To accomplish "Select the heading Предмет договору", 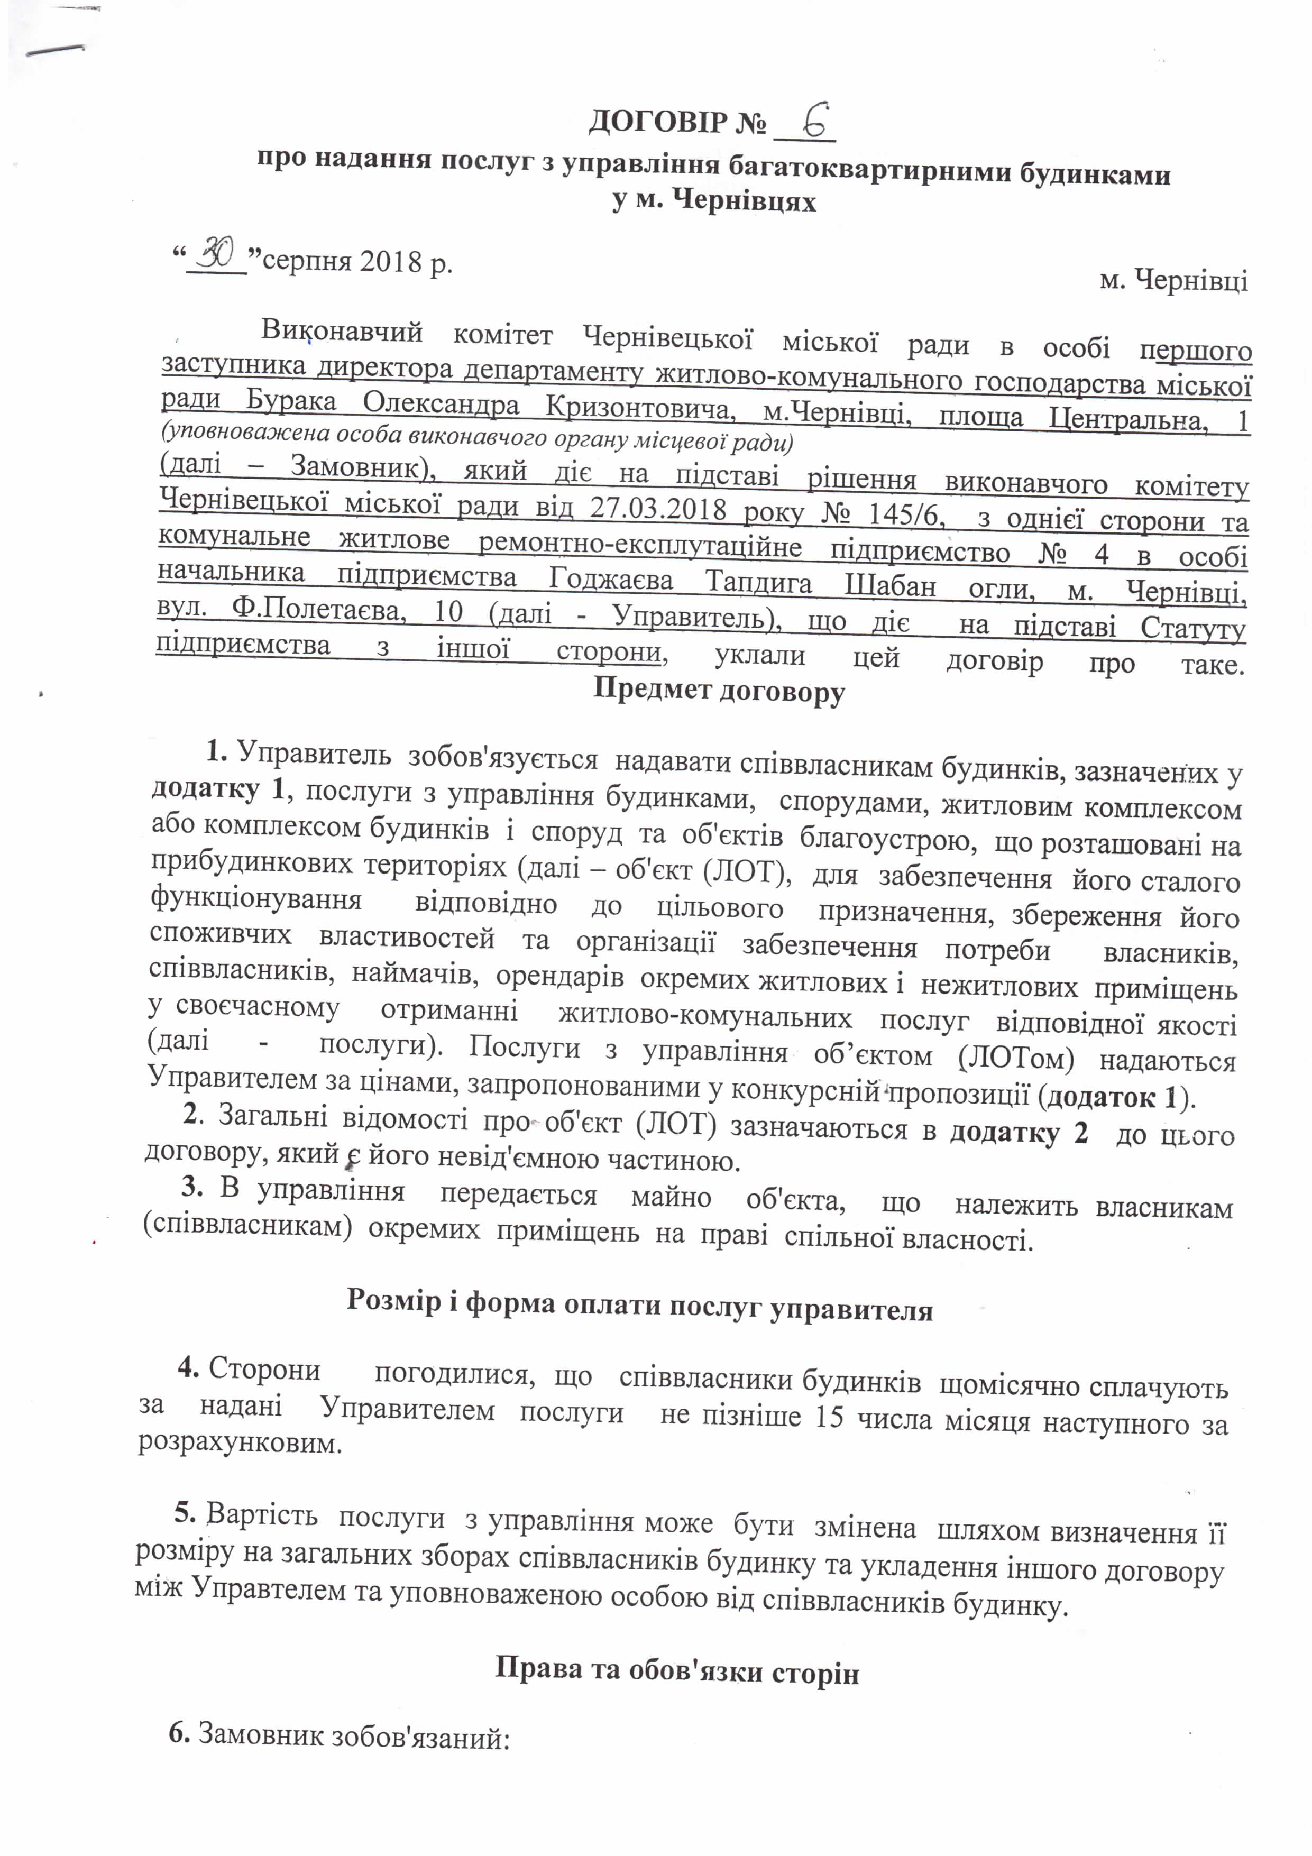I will pyautogui.click(x=719, y=691).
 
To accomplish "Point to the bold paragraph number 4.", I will pyautogui.click(x=188, y=1368).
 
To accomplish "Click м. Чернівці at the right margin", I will pyautogui.click(x=1174, y=280).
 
